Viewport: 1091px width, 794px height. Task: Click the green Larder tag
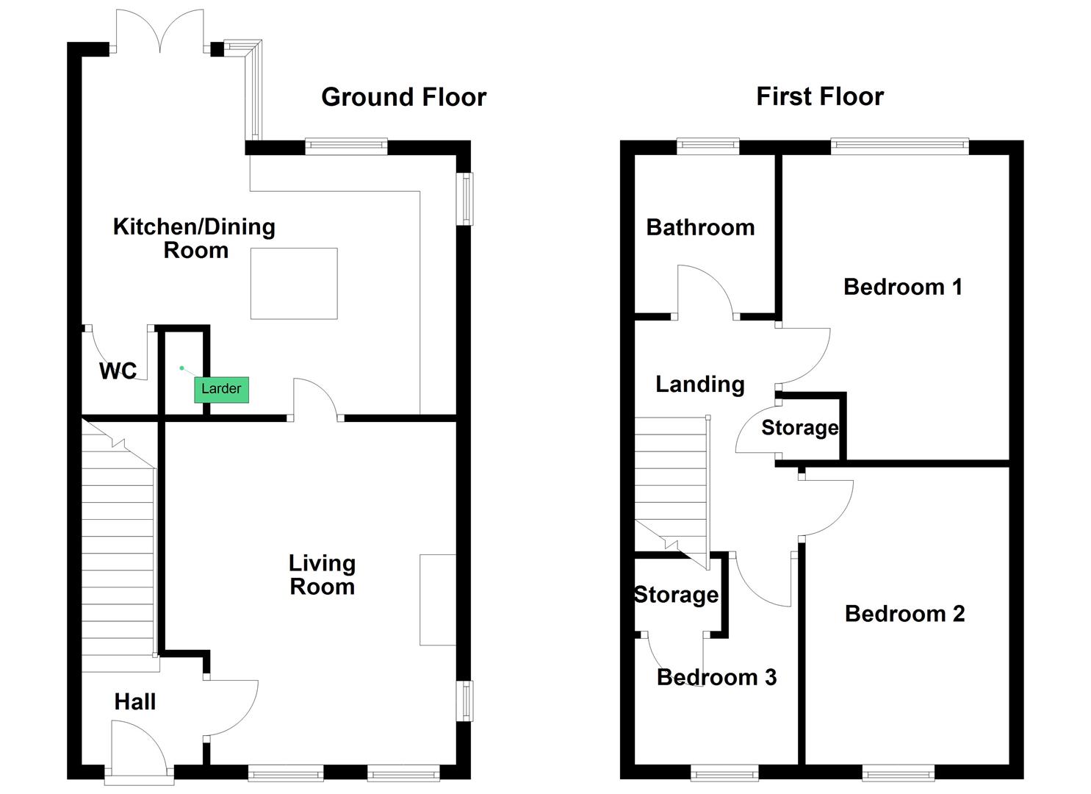pyautogui.click(x=222, y=390)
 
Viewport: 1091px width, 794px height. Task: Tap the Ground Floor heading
pyautogui.click(x=404, y=97)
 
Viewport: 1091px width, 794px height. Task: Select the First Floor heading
pyautogui.click(x=820, y=96)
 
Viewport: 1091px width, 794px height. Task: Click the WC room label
pyautogui.click(x=118, y=371)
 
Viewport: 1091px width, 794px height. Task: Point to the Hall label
pyautogui.click(x=135, y=702)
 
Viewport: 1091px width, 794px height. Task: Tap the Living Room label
pyautogui.click(x=322, y=575)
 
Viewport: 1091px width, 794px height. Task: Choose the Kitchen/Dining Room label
pyautogui.click(x=195, y=238)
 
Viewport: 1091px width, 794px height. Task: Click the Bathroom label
pyautogui.click(x=700, y=228)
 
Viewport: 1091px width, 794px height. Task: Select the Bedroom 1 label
pyautogui.click(x=903, y=287)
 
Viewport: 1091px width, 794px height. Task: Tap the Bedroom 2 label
pyautogui.click(x=905, y=614)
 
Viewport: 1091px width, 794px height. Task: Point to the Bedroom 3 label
pyautogui.click(x=716, y=677)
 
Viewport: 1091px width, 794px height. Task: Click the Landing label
pyautogui.click(x=700, y=385)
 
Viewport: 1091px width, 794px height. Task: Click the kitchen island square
pyautogui.click(x=294, y=284)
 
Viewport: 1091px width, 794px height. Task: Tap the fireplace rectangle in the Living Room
pyautogui.click(x=438, y=600)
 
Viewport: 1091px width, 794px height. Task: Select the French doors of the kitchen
pyautogui.click(x=160, y=31)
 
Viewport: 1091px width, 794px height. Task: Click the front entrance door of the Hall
pyautogui.click(x=140, y=753)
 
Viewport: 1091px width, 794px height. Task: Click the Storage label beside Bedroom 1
pyautogui.click(x=800, y=428)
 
